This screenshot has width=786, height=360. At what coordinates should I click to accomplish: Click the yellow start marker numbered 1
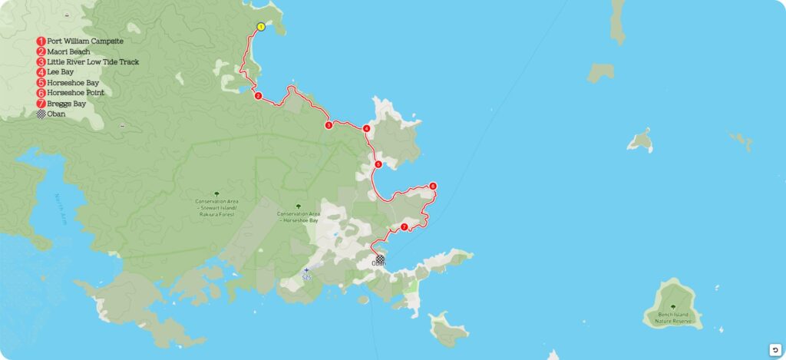pos(261,27)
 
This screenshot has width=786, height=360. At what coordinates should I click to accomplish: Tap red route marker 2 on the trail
pos(258,96)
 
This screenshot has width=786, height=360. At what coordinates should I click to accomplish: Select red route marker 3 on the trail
pos(329,125)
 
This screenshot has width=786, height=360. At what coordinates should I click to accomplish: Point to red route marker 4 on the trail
pos(367,129)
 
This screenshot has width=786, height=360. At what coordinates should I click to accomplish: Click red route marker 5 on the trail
pos(378,164)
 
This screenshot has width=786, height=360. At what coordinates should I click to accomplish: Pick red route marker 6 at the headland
pos(433,186)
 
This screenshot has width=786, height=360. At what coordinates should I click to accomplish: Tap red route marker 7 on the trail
pos(404,227)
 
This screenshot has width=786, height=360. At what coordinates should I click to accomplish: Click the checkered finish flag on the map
pos(380,259)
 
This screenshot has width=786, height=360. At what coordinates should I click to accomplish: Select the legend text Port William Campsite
pos(84,41)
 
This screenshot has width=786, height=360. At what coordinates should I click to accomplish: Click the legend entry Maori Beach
pos(68,51)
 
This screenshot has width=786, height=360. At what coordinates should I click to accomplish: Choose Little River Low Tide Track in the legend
pos(92,61)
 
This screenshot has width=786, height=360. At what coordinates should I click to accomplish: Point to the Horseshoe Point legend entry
pos(74,93)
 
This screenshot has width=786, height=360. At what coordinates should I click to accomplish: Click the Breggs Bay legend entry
pos(66,104)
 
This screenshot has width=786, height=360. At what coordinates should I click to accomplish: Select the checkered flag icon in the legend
pos(41,114)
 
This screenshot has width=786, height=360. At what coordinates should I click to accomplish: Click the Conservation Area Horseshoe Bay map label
pos(299,217)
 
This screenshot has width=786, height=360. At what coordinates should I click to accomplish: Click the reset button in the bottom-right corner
pos(774,349)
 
